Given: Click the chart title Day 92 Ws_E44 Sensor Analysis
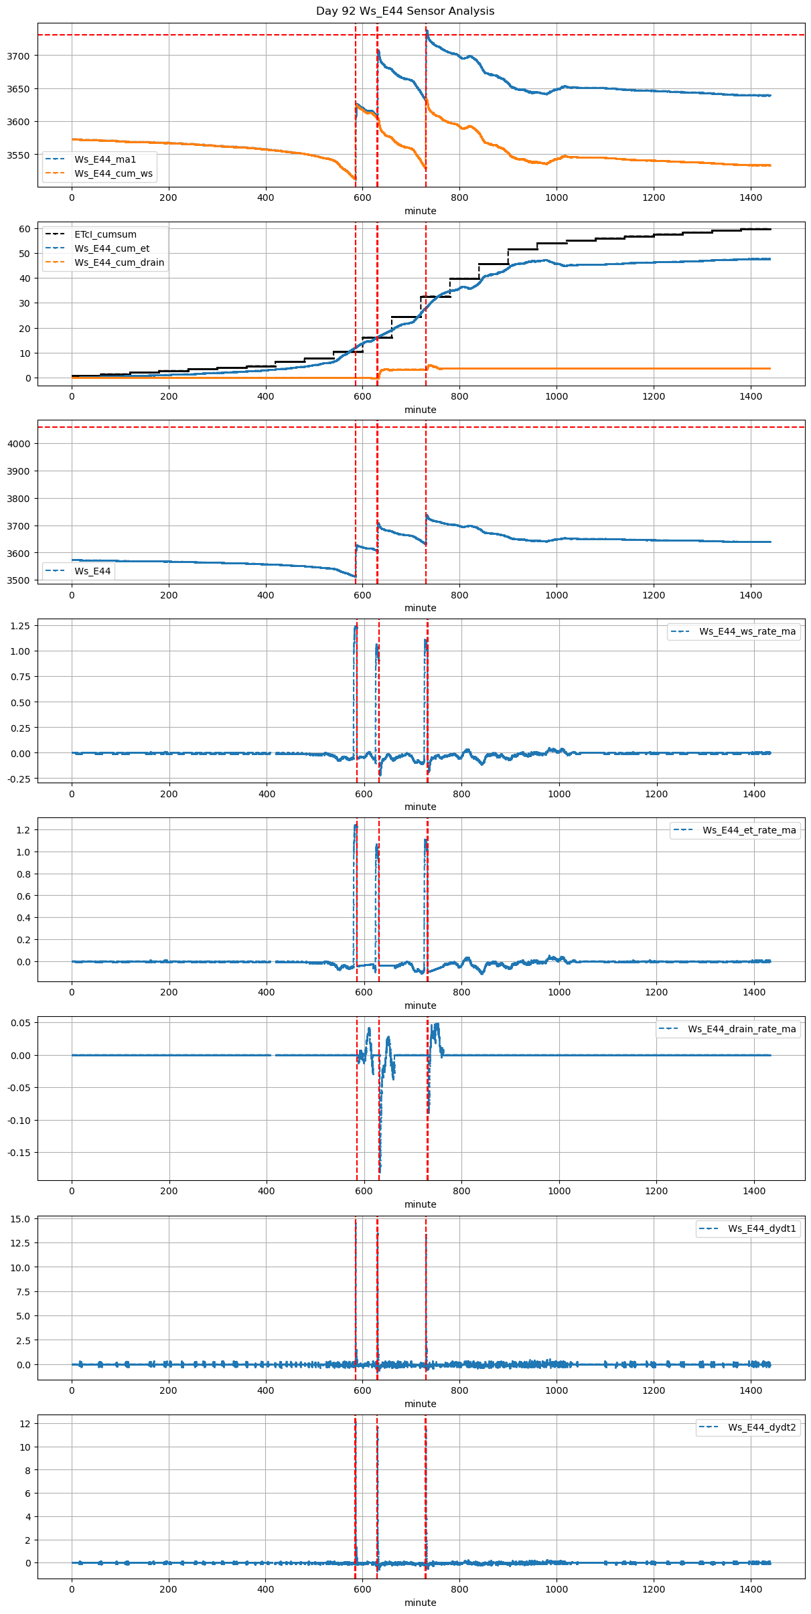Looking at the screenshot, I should click(x=405, y=11).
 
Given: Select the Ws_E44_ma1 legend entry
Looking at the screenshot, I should click(x=105, y=159).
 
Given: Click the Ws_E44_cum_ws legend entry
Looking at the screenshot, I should click(x=113, y=173).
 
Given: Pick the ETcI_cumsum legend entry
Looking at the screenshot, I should click(x=105, y=234).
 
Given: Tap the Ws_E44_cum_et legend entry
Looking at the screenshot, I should click(x=112, y=248).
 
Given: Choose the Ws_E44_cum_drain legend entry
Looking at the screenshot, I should click(x=119, y=262).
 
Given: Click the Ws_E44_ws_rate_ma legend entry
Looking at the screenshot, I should click(x=747, y=631).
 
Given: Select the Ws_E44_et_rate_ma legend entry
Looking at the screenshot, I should click(x=749, y=830).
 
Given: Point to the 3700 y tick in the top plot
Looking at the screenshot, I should click(x=19, y=56).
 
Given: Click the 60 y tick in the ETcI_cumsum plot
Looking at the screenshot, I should click(x=25, y=229).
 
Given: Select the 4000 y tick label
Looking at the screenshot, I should click(x=19, y=444).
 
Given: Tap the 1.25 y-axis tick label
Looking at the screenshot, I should click(x=20, y=626).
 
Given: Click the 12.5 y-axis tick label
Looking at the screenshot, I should click(x=20, y=1243).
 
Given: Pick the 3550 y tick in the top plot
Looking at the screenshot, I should click(x=19, y=155).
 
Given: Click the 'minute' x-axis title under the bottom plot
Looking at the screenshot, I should click(x=421, y=1603).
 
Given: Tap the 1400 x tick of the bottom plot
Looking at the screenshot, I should click(x=751, y=1589).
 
